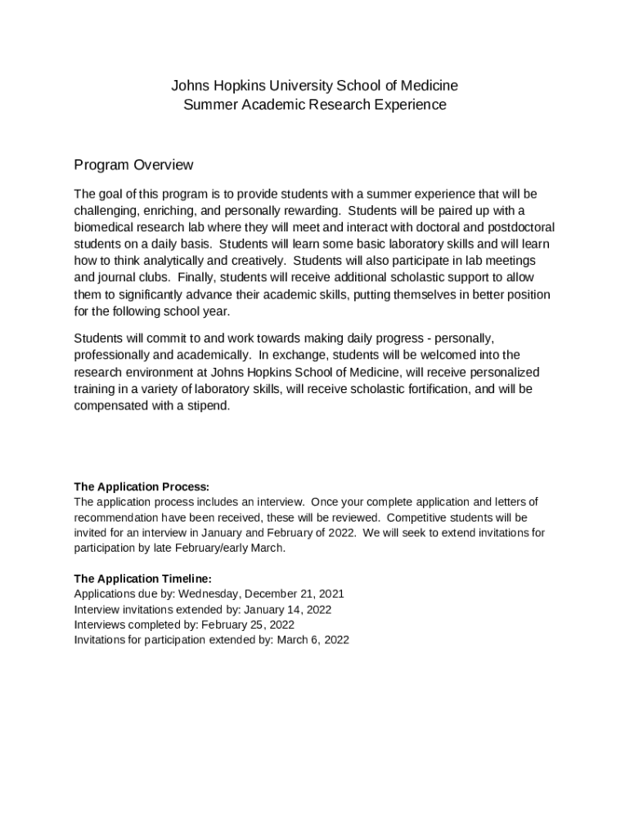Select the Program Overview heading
coord(133,165)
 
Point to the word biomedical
coord(106,227)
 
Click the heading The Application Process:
coord(142,487)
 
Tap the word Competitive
coord(421,517)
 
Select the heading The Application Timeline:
coord(142,579)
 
